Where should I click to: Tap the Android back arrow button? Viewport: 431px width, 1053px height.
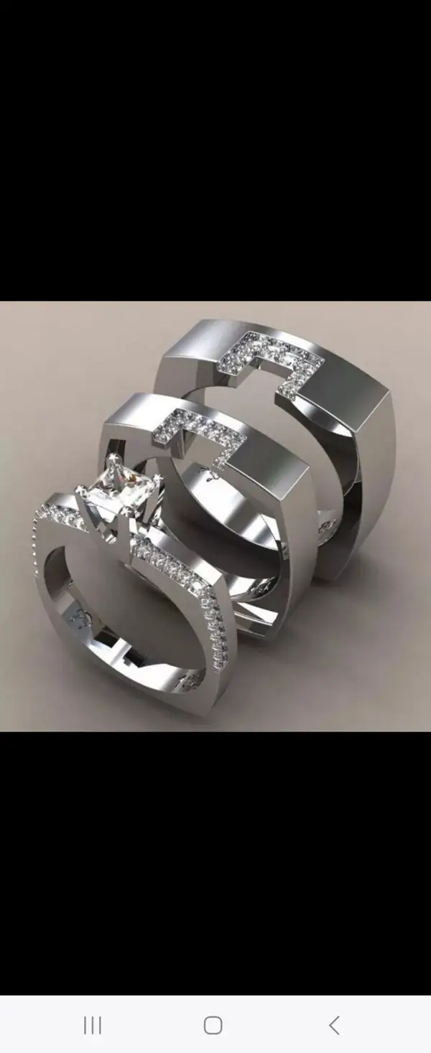click(333, 1025)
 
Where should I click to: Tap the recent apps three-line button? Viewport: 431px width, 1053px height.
click(93, 1025)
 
